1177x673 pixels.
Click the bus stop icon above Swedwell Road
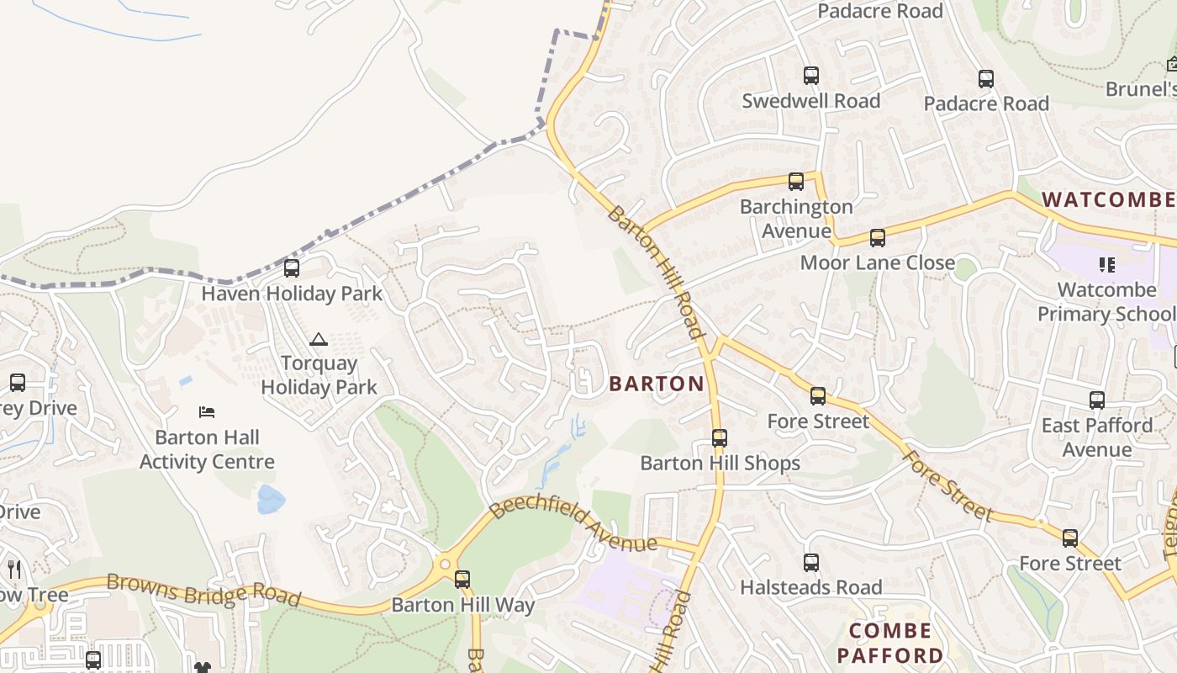click(810, 76)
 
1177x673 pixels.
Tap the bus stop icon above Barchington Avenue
click(795, 182)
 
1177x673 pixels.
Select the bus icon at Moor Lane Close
click(878, 238)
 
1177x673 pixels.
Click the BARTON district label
click(657, 384)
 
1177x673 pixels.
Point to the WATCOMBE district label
click(1108, 200)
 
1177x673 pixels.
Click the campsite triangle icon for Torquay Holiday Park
click(318, 340)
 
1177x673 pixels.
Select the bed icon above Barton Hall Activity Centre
click(207, 412)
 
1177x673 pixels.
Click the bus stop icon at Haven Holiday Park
click(292, 268)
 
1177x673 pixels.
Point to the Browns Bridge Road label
click(203, 590)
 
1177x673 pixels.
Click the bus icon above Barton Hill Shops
click(719, 438)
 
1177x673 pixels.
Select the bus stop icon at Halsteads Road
click(810, 563)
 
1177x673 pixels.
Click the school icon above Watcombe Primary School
click(1106, 265)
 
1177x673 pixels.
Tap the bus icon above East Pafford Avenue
click(1096, 400)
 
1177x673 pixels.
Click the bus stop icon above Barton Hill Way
click(462, 580)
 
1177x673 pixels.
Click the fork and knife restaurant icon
click(13, 570)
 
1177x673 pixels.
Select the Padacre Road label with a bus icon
click(986, 103)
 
